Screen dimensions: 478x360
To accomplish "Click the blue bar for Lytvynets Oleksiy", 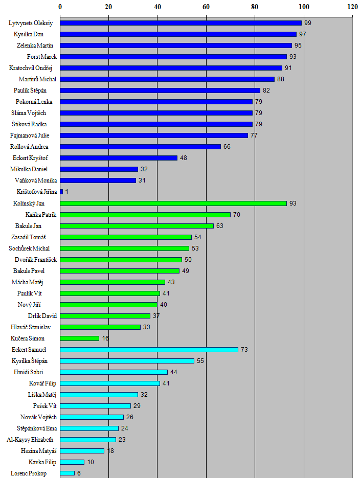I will [x=181, y=23].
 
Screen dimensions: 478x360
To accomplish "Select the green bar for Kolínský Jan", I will [x=173, y=203].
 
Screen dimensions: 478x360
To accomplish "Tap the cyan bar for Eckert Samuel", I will [x=149, y=350].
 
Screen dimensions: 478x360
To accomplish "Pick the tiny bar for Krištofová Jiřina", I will [x=61, y=192].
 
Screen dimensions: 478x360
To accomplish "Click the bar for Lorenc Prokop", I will [x=67, y=473].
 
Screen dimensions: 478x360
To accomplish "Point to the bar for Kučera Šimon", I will [x=79, y=338].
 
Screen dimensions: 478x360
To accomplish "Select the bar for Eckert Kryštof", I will [x=119, y=158].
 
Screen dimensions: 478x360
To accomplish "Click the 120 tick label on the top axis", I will [x=352, y=7].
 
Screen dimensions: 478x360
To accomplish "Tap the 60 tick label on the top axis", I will [x=206, y=7].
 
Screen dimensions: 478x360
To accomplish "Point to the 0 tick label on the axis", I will [x=60, y=7].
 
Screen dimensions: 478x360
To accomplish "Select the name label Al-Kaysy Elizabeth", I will [x=30, y=440].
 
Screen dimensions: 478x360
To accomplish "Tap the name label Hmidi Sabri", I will [x=35, y=372].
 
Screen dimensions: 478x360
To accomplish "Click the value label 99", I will [x=307, y=24].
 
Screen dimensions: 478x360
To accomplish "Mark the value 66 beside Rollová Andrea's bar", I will [x=227, y=147].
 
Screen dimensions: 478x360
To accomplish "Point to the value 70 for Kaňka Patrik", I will [x=237, y=215].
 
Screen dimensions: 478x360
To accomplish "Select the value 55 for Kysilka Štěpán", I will [x=200, y=361].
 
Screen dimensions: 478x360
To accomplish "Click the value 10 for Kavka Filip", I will [x=91, y=462].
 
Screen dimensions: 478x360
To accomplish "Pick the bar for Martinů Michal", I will [x=167, y=79].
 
